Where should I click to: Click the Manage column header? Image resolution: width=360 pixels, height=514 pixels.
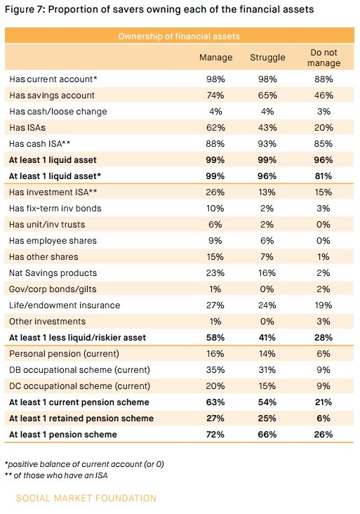point(215,58)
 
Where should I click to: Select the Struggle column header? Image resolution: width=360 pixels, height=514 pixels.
point(267,58)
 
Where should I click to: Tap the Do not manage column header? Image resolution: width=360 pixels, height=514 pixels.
point(324,58)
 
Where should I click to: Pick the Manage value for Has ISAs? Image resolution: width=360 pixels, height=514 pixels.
point(215,127)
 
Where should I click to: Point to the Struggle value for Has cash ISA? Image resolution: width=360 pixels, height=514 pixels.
point(267,143)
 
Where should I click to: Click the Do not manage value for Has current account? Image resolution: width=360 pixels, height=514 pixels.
point(324,79)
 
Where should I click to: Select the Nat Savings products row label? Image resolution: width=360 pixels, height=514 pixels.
point(53,272)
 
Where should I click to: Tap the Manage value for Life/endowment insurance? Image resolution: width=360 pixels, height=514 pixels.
point(215,305)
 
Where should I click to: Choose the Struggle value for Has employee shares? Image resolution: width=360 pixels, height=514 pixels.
point(267,240)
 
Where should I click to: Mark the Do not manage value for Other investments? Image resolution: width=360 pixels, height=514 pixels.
point(324,321)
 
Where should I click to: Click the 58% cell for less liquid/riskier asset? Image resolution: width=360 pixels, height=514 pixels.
point(215,338)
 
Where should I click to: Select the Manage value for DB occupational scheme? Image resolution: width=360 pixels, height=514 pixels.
point(215,370)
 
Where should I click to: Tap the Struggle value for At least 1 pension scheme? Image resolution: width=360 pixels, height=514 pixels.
point(267,435)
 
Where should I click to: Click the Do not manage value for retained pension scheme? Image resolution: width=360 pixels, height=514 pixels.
point(324,419)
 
